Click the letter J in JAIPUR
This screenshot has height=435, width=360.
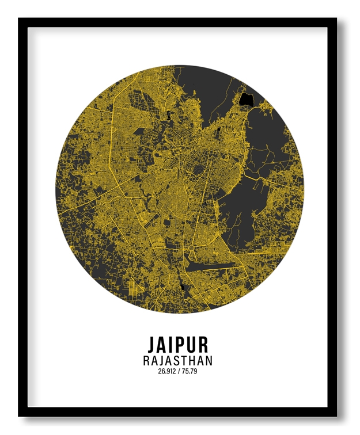[153, 344]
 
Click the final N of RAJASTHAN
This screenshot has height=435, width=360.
[207, 361]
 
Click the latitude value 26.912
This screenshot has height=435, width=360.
[166, 371]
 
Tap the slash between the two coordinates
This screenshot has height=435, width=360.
[180, 371]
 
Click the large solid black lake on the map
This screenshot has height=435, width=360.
[248, 99]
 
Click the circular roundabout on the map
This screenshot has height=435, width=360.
[185, 251]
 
